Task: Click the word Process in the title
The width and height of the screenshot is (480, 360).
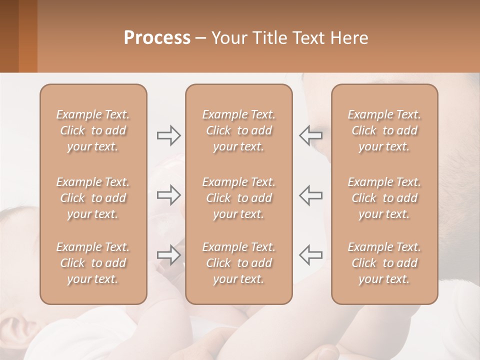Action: coord(157,38)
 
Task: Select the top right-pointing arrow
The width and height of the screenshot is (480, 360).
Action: coord(168,135)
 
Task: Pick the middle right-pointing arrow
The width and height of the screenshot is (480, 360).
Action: coord(168,195)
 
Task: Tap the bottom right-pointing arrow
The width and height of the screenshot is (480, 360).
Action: coord(168,255)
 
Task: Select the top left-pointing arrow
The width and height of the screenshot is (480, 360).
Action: coord(310,135)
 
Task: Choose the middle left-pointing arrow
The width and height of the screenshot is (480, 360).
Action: coord(310,195)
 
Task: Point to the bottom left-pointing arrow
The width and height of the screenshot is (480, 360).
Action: coord(310,255)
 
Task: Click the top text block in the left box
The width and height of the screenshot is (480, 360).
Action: coord(93,130)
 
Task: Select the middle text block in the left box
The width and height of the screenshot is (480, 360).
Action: coord(93,198)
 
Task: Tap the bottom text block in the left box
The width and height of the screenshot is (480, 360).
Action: coord(93,263)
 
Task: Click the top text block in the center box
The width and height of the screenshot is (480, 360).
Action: coord(239,130)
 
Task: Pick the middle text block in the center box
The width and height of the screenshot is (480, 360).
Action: coord(239,198)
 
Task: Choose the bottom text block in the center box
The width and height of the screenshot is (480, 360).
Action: coord(239,263)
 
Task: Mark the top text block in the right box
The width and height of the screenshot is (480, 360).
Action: coord(384,130)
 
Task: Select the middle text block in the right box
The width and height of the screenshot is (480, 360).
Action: coord(384,198)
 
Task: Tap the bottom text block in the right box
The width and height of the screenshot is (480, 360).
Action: coord(384,263)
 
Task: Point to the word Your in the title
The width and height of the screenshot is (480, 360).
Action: coord(228,38)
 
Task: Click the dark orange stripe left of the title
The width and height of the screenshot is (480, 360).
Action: coord(28,36)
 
